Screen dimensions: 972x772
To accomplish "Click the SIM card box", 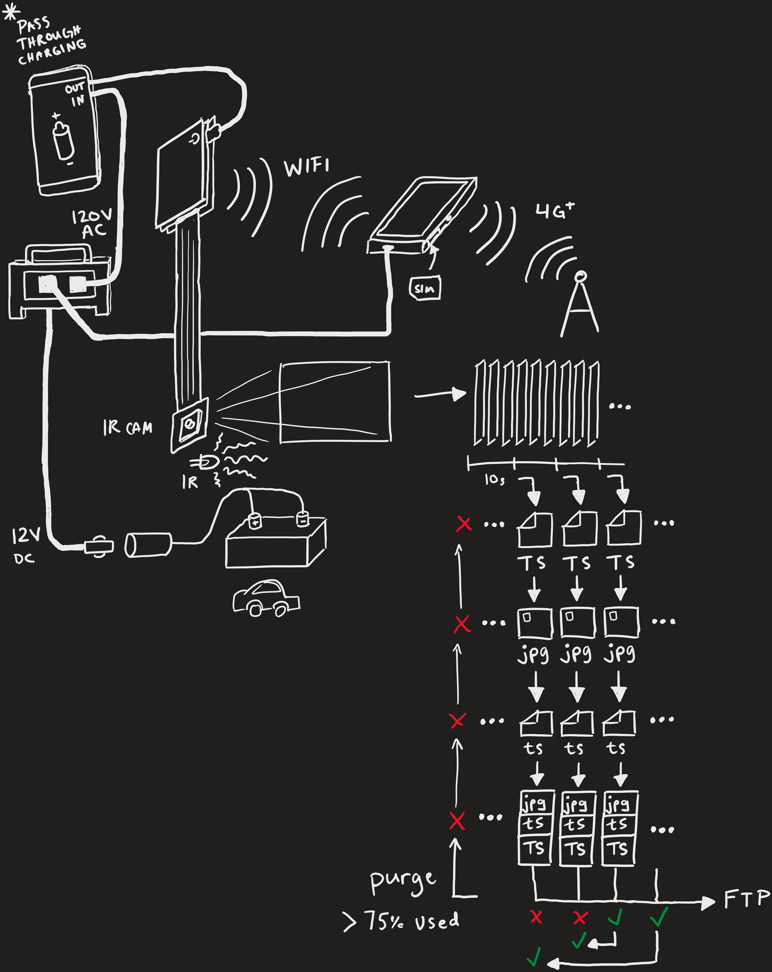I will [x=424, y=288].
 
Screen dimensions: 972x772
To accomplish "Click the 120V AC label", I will [x=92, y=223].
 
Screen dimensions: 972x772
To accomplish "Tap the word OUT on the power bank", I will [x=74, y=88].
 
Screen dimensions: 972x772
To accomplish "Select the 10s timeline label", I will [x=494, y=480].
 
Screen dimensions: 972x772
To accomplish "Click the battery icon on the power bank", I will [x=63, y=140].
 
